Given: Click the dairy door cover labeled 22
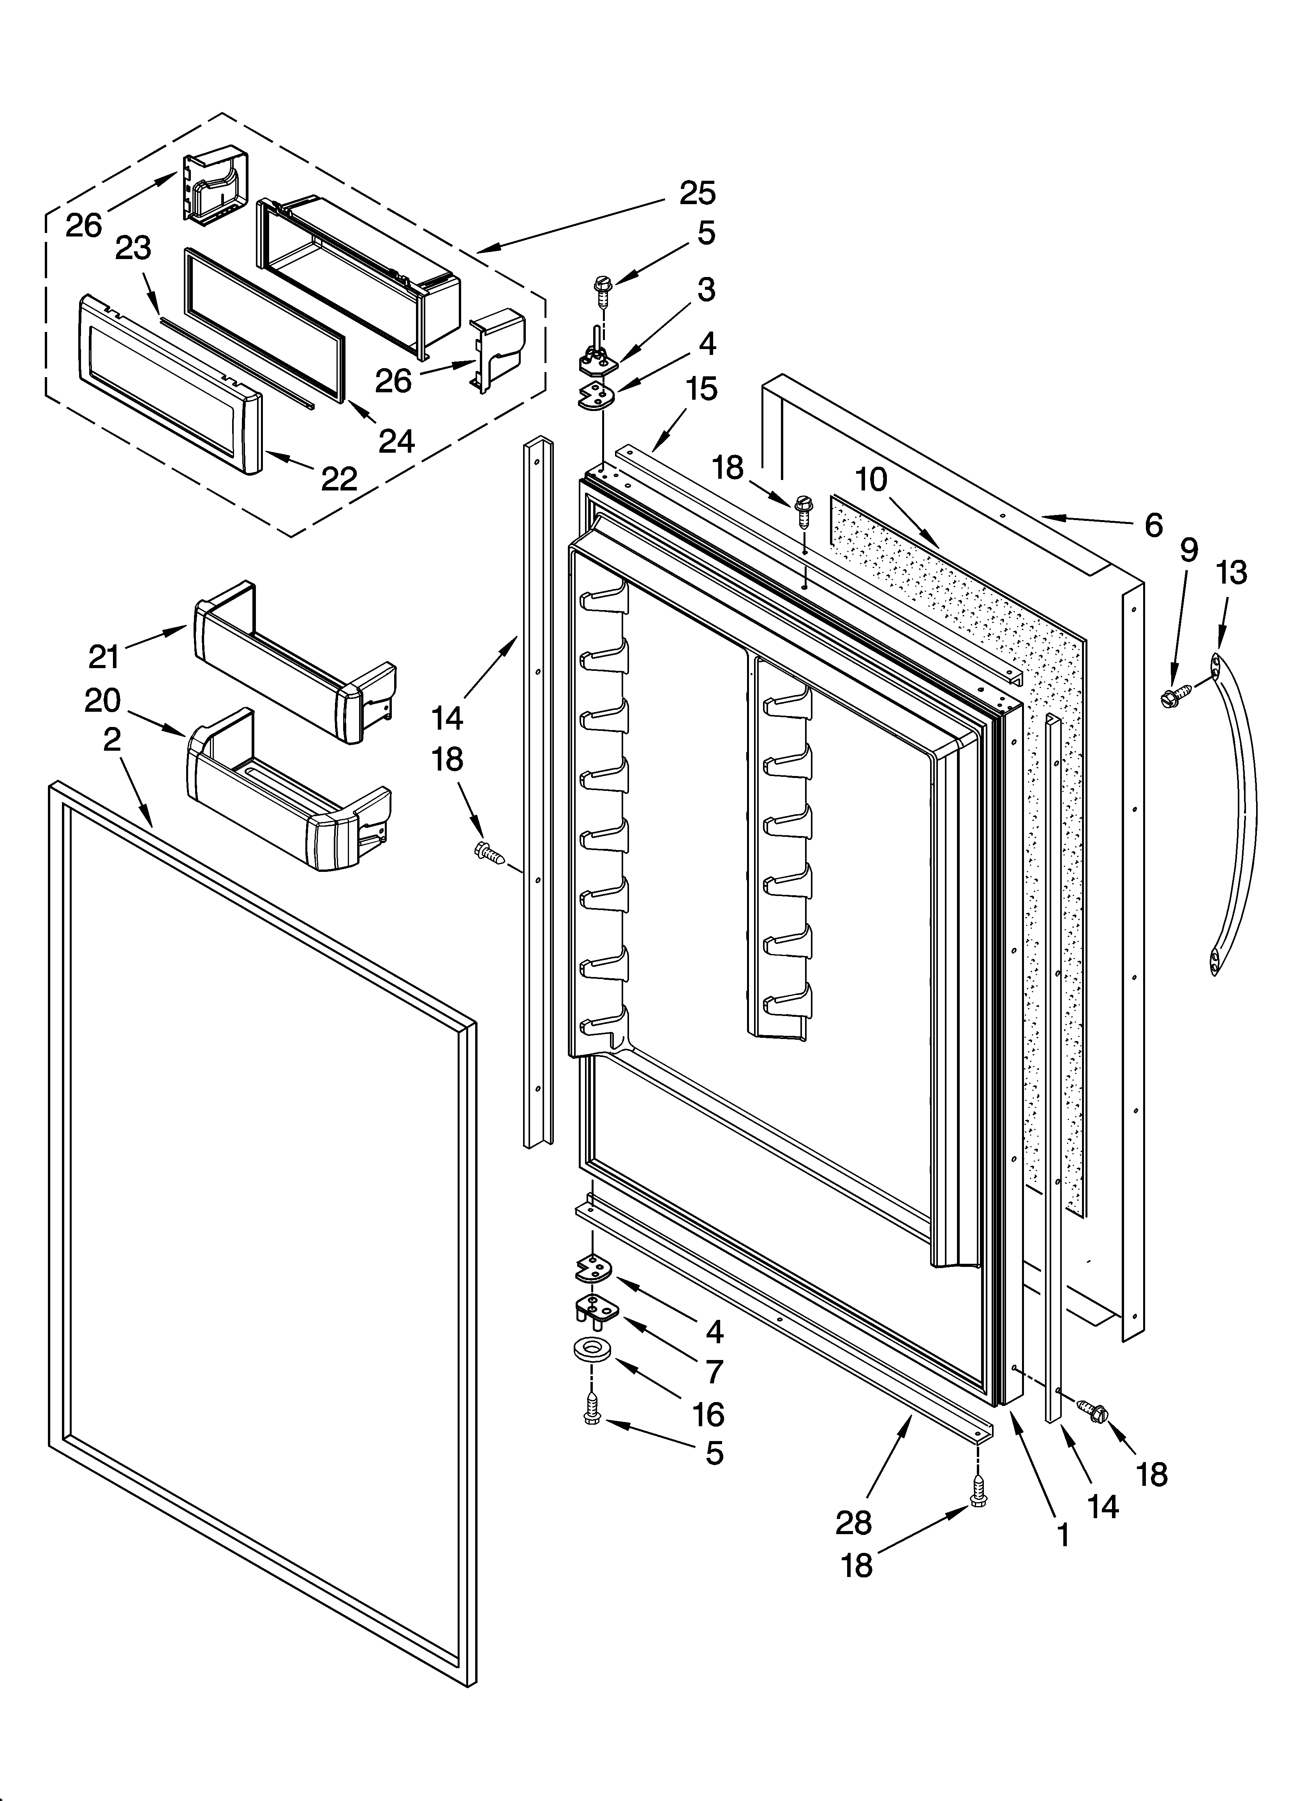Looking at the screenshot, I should click(171, 381).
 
